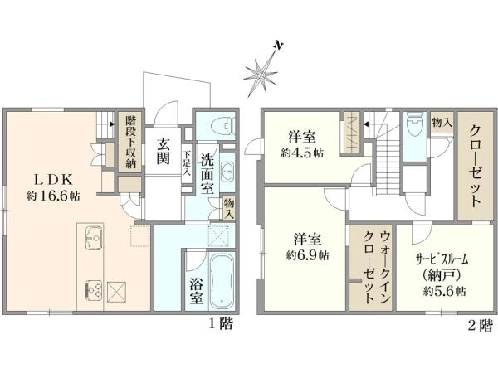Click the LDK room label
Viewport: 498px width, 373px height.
pos(53,180)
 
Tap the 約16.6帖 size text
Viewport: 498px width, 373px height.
pos(53,196)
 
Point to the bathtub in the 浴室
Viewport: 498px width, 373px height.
pos(222,282)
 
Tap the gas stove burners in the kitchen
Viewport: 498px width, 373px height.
pos(94,290)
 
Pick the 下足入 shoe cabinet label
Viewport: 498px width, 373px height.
pos(187,163)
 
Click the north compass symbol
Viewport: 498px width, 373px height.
pos(261,73)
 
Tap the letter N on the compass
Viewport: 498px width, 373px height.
pos(278,46)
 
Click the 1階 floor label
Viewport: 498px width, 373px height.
pos(221,324)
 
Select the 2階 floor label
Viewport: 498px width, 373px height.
pos(481,325)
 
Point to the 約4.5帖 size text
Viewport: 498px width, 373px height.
pos(302,153)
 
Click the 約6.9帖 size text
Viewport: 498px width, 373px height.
pos(307,255)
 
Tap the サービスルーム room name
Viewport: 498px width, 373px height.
pos(442,260)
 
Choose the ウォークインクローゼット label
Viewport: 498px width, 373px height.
pos(377,267)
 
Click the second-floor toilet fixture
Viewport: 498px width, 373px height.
pos(415,125)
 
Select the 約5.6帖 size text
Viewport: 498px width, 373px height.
pos(445,291)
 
